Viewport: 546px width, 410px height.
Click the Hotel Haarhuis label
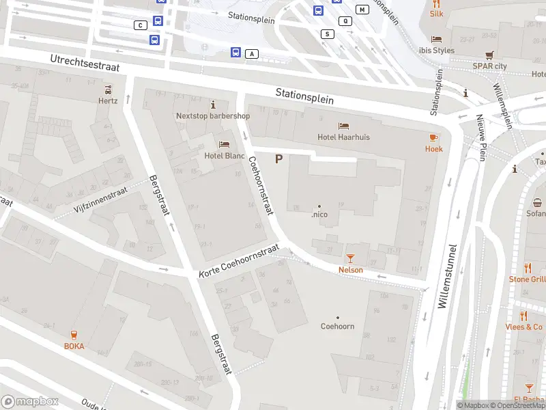343,137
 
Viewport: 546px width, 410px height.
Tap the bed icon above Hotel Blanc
224,144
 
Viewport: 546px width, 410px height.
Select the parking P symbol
278,159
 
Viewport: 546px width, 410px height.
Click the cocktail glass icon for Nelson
350,258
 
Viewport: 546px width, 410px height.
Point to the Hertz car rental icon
108,90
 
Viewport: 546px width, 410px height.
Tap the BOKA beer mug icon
74,334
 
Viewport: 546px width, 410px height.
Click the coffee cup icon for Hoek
433,137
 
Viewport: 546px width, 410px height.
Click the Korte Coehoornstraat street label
239,262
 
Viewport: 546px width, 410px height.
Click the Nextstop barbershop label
213,115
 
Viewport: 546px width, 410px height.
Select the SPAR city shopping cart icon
489,55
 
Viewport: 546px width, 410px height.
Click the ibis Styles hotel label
436,50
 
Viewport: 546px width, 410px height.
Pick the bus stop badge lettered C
141,25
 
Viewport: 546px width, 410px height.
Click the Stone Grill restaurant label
527,279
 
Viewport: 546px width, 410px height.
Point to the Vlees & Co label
524,327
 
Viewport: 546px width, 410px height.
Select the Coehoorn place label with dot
337,326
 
